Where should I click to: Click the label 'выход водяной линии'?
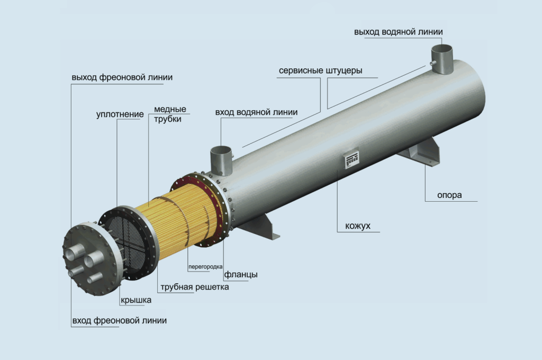click(398, 32)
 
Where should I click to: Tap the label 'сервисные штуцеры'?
click(320, 71)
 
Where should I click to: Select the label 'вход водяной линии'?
click(256, 112)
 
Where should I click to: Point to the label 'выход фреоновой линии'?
click(122, 77)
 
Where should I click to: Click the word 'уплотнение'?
click(120, 114)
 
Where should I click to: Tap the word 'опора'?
click(449, 195)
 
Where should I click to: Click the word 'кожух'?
click(358, 226)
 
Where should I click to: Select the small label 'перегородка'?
click(205, 267)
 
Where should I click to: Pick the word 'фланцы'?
click(241, 275)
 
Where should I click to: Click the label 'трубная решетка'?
click(195, 287)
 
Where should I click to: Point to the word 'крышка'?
click(136, 300)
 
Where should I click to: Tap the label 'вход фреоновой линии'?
click(120, 321)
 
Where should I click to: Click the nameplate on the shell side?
click(352, 159)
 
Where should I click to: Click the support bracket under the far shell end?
click(420, 152)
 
